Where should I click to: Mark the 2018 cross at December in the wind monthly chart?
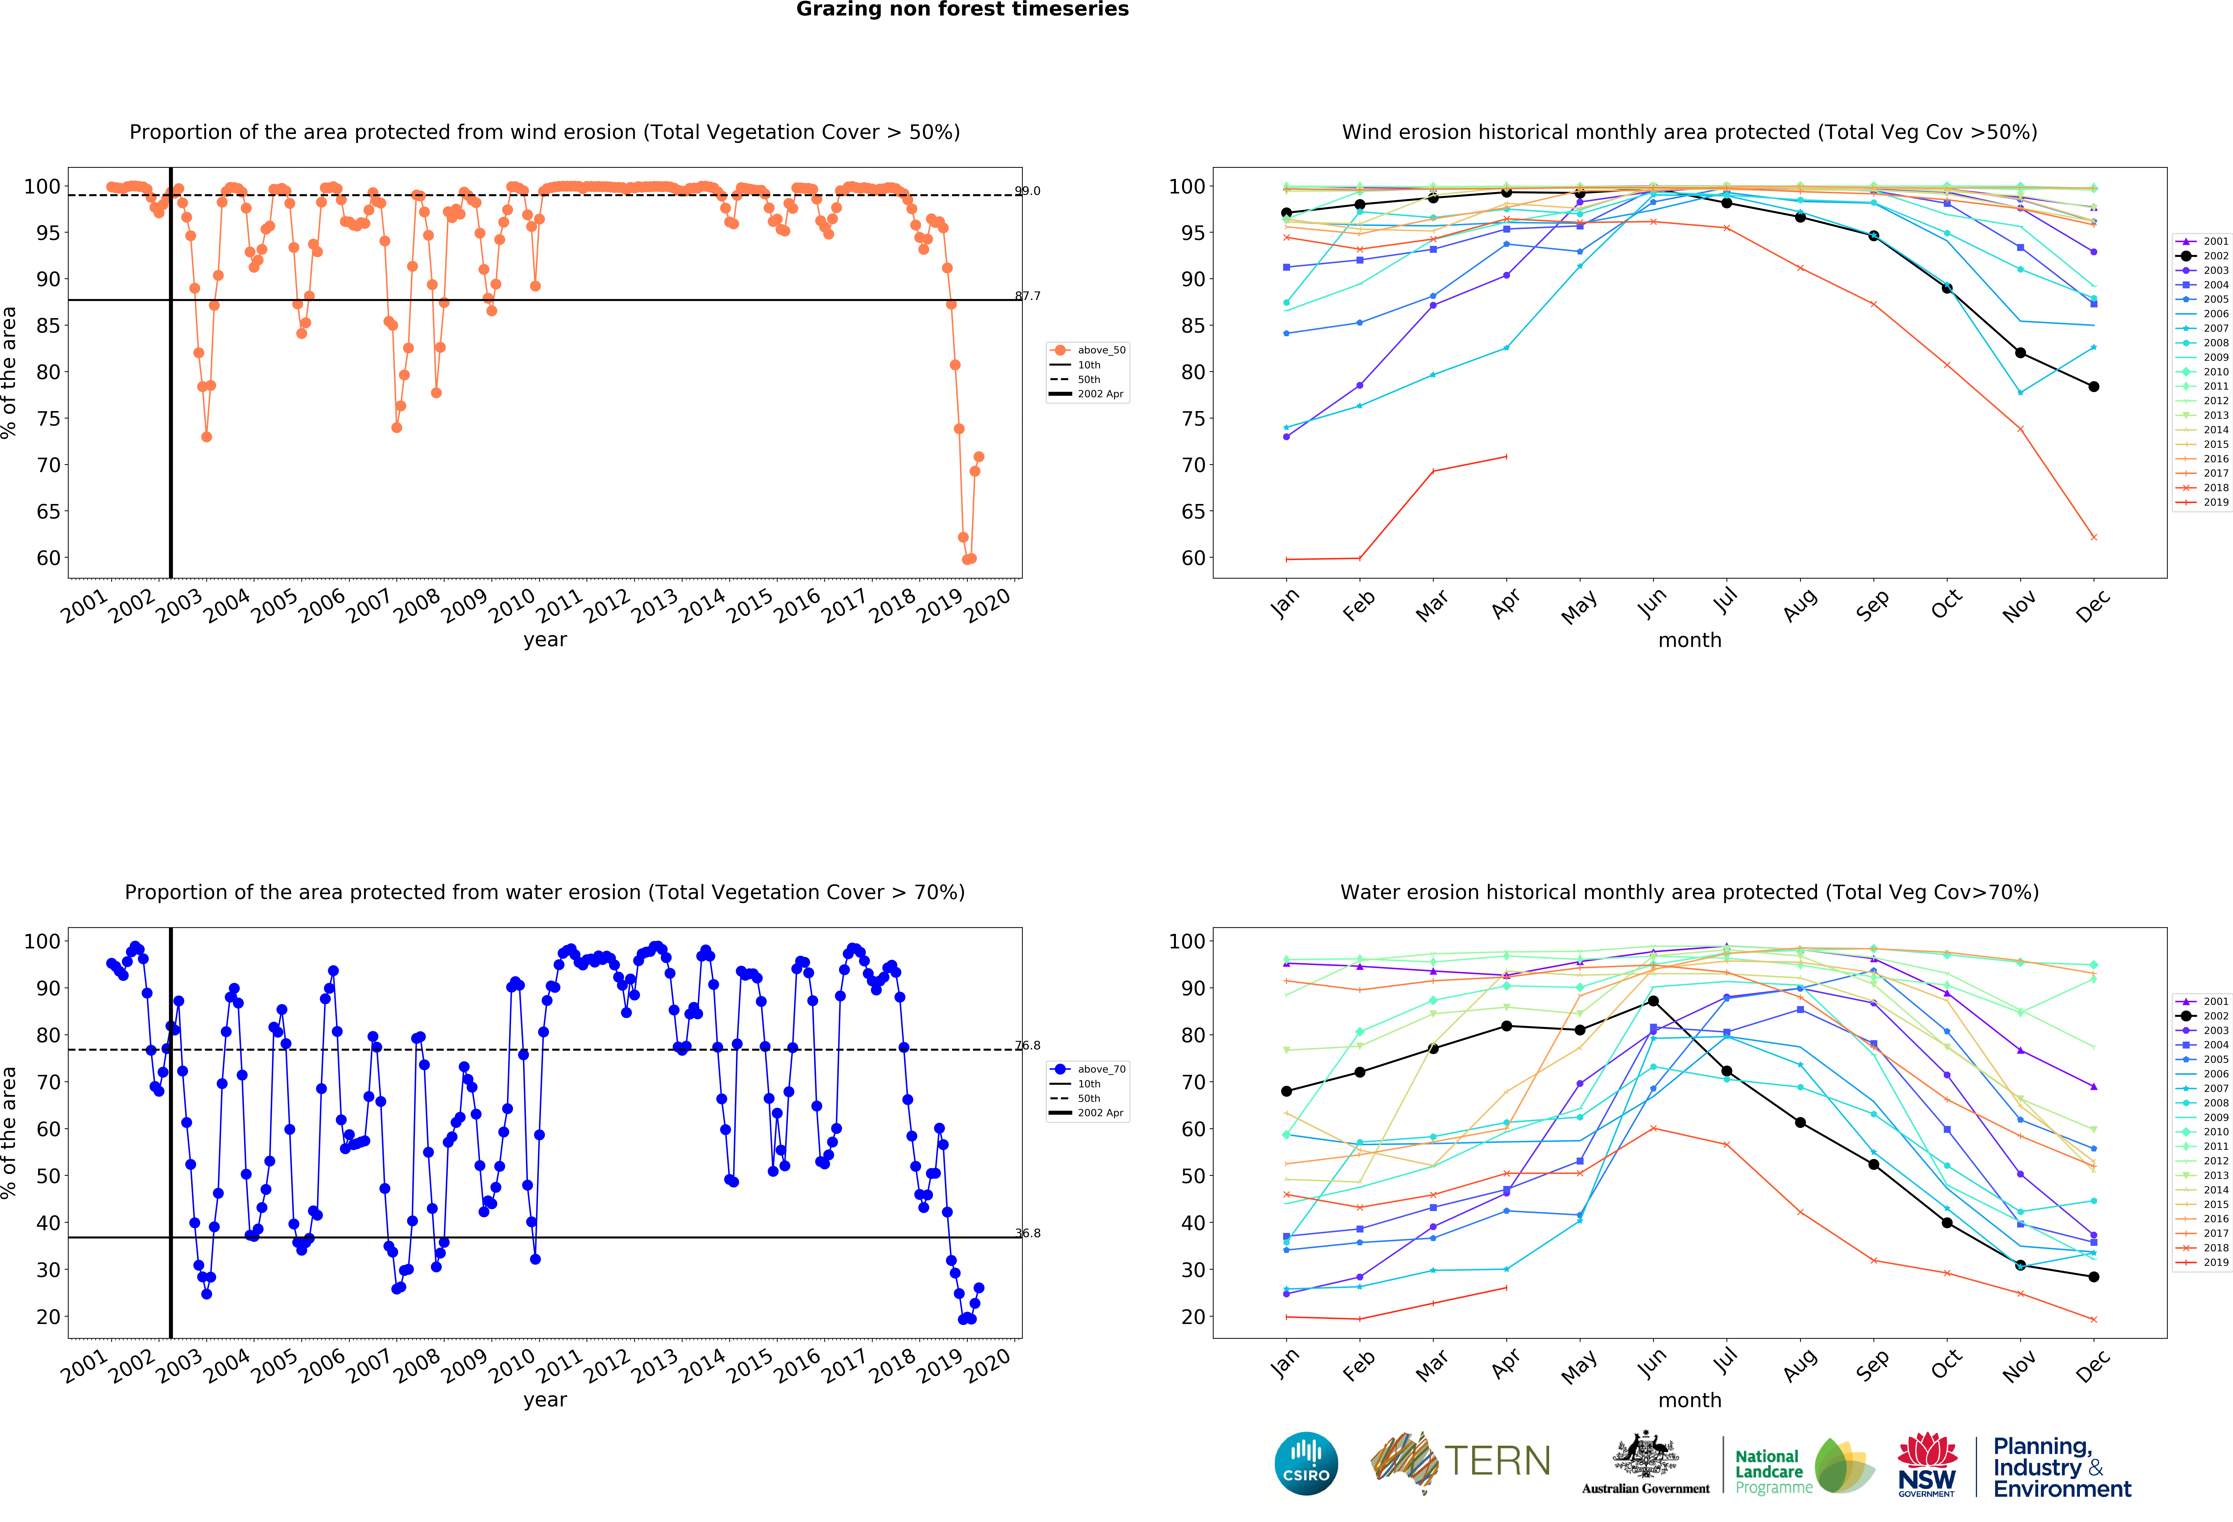click(x=2094, y=537)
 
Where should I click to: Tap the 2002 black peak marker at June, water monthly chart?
click(x=1653, y=1001)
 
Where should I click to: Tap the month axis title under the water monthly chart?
click(x=1689, y=1400)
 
